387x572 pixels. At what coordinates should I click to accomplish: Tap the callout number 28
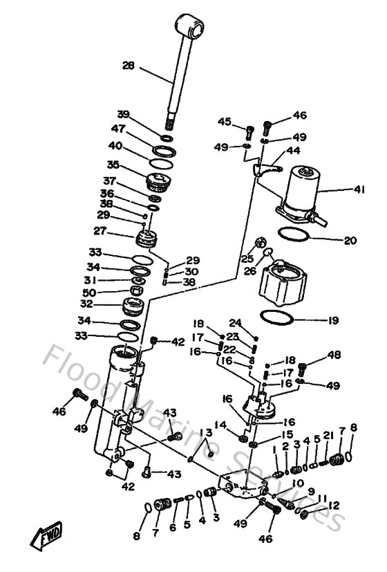[x=129, y=67]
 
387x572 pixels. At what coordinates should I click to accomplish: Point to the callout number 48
[x=335, y=355]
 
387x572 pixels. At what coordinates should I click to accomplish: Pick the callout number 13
[x=206, y=432]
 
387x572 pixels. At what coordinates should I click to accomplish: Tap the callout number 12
[x=335, y=506]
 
